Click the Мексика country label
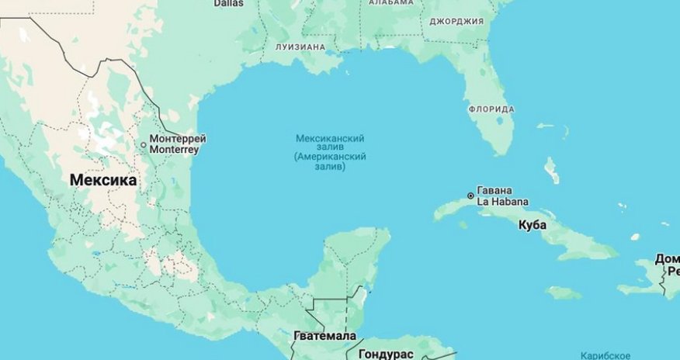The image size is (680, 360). (103, 180)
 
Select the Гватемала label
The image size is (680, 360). (325, 336)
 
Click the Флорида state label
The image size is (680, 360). (491, 109)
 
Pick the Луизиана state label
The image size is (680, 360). (300, 47)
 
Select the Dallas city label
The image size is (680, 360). (228, 3)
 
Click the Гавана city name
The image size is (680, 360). (495, 191)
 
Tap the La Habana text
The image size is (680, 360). (502, 202)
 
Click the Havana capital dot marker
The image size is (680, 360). (470, 196)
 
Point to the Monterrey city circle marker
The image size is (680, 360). (143, 144)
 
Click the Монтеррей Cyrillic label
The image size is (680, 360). (178, 139)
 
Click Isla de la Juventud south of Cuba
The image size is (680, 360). (463, 225)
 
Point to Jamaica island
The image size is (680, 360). (563, 292)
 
